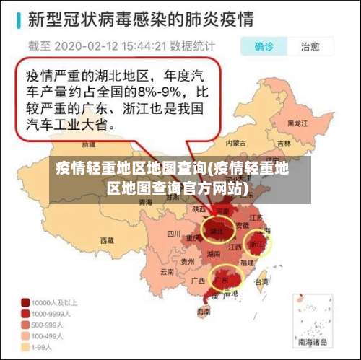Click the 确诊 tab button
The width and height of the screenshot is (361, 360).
(x=264, y=47)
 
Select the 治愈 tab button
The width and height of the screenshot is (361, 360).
(x=310, y=47)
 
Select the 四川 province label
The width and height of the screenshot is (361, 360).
(x=173, y=234)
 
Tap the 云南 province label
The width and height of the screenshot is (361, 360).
(x=168, y=272)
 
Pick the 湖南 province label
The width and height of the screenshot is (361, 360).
(x=214, y=254)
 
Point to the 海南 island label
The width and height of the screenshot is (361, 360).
(x=204, y=312)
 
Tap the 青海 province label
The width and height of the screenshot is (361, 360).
(x=144, y=203)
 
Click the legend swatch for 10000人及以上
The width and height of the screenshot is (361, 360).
(x=25, y=303)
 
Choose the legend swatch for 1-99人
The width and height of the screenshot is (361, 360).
(x=25, y=347)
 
